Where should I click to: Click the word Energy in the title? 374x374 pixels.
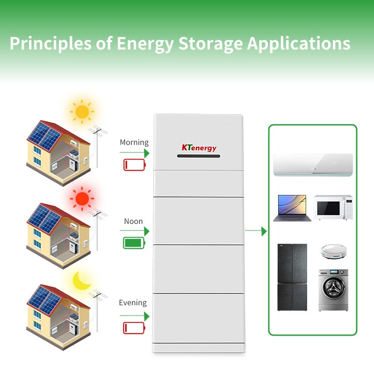click(145, 44)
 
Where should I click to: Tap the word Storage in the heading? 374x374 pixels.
click(211, 44)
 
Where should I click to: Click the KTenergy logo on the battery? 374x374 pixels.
click(199, 148)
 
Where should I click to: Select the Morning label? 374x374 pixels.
click(134, 143)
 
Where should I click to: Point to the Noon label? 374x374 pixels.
click(133, 221)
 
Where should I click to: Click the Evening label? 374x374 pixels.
click(133, 302)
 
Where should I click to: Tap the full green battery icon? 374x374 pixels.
click(134, 243)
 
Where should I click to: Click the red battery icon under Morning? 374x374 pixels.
click(135, 165)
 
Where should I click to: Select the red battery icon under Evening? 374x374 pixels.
click(134, 328)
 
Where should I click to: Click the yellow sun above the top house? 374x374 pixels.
click(82, 112)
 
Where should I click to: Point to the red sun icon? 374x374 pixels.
click(82, 199)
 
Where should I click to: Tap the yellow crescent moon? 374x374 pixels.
click(81, 281)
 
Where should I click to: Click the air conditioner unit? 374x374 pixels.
click(313, 165)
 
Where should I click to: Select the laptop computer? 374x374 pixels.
click(292, 208)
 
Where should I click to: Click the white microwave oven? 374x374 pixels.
click(333, 207)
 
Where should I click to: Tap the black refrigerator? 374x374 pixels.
click(292, 277)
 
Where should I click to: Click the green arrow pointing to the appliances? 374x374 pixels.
click(256, 231)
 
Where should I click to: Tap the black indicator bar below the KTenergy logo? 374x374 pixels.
click(198, 156)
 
